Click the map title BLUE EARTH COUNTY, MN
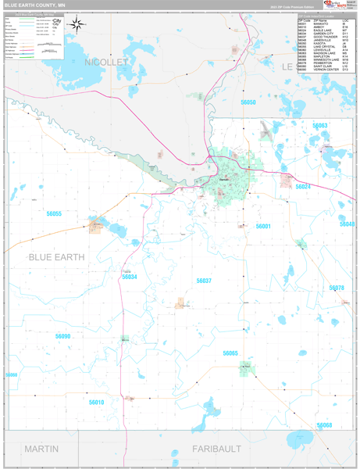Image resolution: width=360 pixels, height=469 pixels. point(35,4)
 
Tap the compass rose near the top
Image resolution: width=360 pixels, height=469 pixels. point(77,24)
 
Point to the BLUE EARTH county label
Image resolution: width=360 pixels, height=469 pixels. point(56,256)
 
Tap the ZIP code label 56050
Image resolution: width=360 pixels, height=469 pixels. point(248,102)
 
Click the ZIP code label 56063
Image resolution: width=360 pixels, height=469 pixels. point(320,126)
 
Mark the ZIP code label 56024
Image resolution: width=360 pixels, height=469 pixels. point(303,187)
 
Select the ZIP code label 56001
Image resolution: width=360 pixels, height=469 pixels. point(262,226)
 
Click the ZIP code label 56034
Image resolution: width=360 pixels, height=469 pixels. point(130,277)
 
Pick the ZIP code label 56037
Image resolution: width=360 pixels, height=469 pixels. point(204,280)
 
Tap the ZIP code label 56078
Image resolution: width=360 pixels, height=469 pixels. point(336,288)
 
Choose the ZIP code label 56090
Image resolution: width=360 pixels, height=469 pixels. point(63,336)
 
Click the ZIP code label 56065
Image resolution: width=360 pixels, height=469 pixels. point(230,353)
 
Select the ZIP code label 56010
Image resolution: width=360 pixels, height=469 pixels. point(96,402)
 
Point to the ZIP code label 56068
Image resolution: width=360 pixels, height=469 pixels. point(324,425)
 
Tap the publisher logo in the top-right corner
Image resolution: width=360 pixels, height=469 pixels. point(337,6)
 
